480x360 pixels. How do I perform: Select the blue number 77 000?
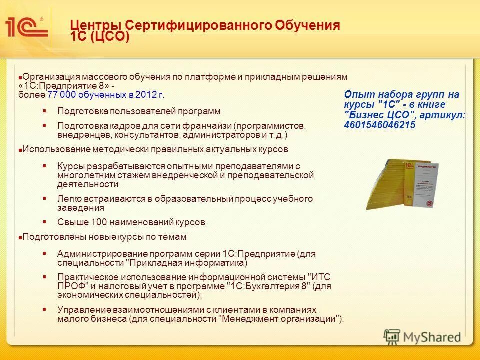[x=61, y=95]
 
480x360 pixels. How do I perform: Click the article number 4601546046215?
[x=379, y=125]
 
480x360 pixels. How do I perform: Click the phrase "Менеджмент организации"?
[x=280, y=319]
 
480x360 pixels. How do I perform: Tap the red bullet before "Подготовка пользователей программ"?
[x=45, y=110]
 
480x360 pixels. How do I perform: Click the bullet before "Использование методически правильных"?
[x=20, y=150]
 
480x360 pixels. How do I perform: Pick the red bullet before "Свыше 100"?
[x=45, y=221]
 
